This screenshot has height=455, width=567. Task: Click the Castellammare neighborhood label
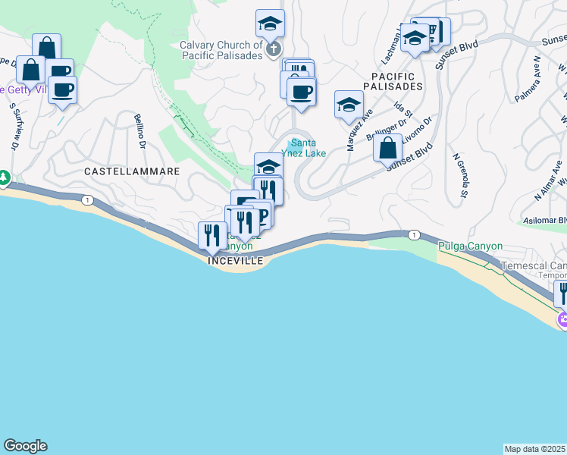132,171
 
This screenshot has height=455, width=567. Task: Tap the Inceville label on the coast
236,260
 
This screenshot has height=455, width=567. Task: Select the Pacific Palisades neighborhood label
393,81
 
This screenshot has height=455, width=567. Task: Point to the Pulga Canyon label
465,246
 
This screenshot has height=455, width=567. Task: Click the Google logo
25,446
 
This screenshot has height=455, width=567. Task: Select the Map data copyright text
535,449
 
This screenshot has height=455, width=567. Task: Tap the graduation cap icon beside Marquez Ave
349,104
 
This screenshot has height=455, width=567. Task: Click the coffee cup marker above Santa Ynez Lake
301,93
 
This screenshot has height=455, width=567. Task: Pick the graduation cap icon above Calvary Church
270,24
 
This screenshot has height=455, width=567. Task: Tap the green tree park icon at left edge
4,178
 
